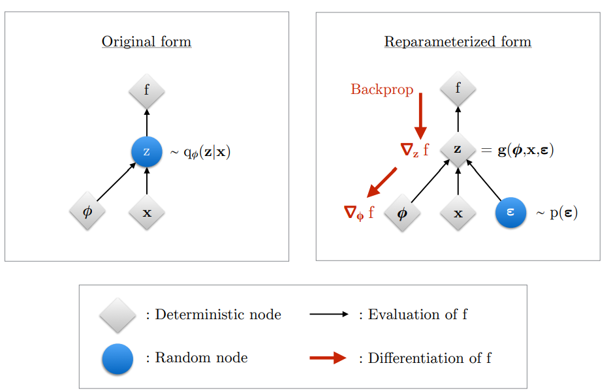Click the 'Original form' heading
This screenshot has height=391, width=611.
click(x=146, y=42)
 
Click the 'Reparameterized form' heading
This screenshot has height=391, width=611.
click(x=458, y=42)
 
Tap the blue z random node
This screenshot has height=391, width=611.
click(x=146, y=152)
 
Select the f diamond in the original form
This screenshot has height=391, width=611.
click(x=146, y=90)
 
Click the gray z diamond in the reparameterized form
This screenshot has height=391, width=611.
click(x=458, y=149)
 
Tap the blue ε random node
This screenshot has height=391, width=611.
click(x=510, y=212)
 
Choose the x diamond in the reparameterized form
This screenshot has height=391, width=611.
click(x=458, y=212)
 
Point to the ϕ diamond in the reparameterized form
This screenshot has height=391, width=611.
click(x=402, y=212)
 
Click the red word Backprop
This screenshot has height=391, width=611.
click(x=382, y=89)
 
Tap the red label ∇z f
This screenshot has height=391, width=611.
click(x=415, y=150)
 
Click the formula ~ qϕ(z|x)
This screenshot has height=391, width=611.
click(x=200, y=153)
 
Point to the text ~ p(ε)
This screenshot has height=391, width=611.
click(x=556, y=213)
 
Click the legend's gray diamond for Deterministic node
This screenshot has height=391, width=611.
click(x=117, y=315)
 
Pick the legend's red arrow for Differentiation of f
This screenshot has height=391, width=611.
click(x=328, y=358)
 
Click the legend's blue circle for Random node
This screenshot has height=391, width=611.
click(x=117, y=358)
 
